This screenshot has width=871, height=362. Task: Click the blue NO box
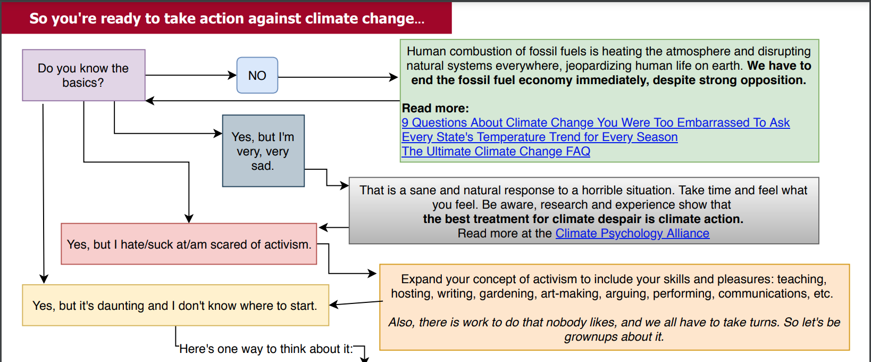point(257,75)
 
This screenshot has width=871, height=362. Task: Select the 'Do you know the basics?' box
point(83,75)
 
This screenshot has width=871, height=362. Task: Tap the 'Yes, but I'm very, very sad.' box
point(263,151)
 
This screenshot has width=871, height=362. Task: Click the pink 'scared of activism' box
point(189,244)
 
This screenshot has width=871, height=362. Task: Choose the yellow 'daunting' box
point(175,305)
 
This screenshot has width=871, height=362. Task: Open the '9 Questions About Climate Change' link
point(596,122)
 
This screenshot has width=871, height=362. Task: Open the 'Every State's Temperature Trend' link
point(540,137)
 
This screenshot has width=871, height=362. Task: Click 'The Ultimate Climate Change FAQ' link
point(496,151)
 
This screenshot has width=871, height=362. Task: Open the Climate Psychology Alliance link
point(632,233)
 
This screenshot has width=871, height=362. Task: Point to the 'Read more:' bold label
point(435,108)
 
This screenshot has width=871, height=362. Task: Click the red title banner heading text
point(227,19)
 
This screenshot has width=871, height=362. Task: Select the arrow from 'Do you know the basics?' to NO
point(191,75)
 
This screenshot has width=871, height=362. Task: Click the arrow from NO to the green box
point(338,77)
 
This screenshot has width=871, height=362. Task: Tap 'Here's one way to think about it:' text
point(266,349)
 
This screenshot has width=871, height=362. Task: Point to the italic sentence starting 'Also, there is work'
point(614,330)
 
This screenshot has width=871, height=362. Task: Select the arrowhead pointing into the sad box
point(218,134)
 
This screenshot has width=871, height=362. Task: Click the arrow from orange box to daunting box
point(356,303)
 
